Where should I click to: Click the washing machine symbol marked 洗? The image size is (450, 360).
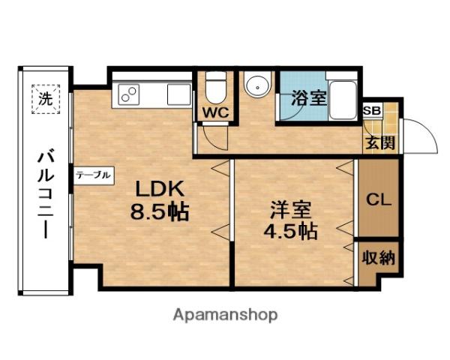pos(46,99)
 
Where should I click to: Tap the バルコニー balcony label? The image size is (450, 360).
pos(46,196)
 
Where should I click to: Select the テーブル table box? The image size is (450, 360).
pos(94,175)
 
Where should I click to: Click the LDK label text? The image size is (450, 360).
pos(160,189)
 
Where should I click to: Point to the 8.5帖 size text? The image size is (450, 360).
pos(160,211)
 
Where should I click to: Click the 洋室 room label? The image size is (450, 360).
pos(291,209)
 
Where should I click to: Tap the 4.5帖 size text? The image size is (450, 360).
pos(291,231)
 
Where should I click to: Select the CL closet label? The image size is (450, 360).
pos(379,199)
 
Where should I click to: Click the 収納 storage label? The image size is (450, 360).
pos(378,257)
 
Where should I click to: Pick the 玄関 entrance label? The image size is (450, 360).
pos(380,142)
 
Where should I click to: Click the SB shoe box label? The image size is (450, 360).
pos(372,110)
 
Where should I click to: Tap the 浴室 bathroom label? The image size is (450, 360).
pos(309,98)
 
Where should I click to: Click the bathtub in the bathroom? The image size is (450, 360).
pos(343,100)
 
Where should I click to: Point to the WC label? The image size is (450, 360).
pos(216,112)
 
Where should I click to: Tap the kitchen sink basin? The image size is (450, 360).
pos(178,94)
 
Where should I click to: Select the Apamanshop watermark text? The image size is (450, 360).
pos(225,316)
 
